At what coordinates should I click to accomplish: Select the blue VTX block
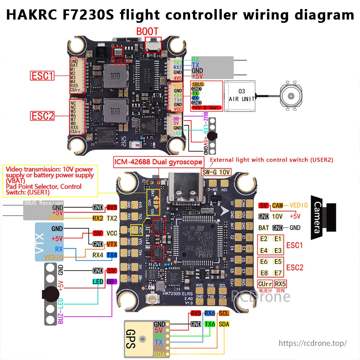click(49, 242)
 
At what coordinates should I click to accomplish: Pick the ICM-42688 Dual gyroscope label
click(158, 162)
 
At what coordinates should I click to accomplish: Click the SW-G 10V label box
click(216, 172)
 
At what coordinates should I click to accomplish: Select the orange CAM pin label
click(277, 206)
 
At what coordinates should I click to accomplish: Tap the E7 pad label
click(278, 273)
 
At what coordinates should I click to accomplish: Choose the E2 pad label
click(264, 239)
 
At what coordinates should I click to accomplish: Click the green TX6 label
click(210, 324)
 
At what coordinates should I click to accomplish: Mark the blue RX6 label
click(210, 314)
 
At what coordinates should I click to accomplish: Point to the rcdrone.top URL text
click(313, 343)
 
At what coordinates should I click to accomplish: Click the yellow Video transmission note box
click(50, 181)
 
